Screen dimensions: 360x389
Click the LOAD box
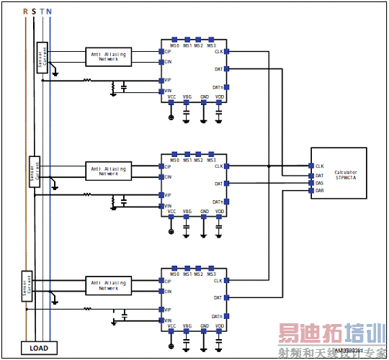coord(39,348)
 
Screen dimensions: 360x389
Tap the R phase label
coord(26,12)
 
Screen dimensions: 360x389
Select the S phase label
coord(34,12)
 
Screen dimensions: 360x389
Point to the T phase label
coord(42,12)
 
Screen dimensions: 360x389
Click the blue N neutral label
coord(49,12)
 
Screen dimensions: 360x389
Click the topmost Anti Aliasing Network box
coord(108,56)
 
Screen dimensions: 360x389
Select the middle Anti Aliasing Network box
coord(108,170)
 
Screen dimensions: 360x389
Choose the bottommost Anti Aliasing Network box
coord(108,285)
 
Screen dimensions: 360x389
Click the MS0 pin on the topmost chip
coord(174,40)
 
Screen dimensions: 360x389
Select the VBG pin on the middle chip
coord(187,217)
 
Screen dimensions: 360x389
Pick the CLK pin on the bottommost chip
coord(225,280)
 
